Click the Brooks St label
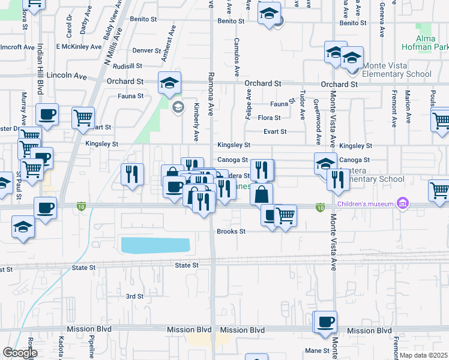[x=231, y=231]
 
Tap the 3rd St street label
[x=134, y=296]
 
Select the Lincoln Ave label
[x=67, y=76]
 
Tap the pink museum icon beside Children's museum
[x=403, y=204]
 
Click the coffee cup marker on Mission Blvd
[x=325, y=321]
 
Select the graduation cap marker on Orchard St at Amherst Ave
[x=170, y=82]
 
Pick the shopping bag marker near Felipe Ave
[x=262, y=194]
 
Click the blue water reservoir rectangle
[x=155, y=245]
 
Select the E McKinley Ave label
[x=79, y=46]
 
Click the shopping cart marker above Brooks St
[x=286, y=215]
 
